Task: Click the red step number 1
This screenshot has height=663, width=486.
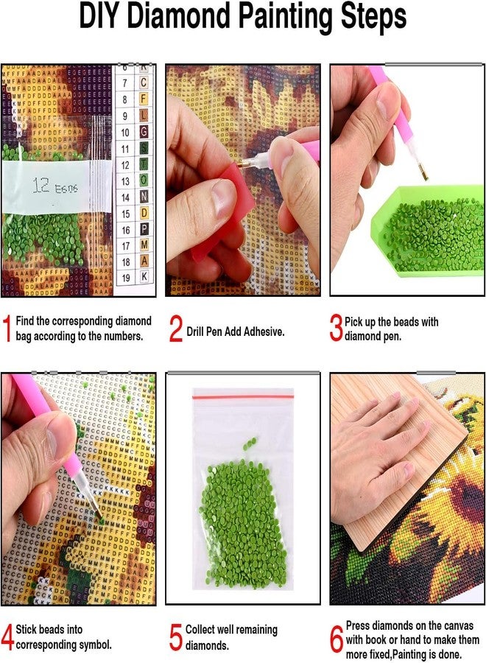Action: pos(7,329)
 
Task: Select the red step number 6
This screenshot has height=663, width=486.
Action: pos(337,638)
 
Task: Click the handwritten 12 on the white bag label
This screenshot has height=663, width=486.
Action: pos(41,187)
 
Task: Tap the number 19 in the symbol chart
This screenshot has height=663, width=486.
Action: pos(125,277)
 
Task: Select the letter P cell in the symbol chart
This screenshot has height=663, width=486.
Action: pos(144,229)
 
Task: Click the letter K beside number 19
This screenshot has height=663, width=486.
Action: pos(144,277)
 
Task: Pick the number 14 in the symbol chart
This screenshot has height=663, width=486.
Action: pos(125,197)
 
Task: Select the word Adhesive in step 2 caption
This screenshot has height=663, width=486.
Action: pos(261,331)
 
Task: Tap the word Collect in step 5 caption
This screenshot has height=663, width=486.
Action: pos(201,630)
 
